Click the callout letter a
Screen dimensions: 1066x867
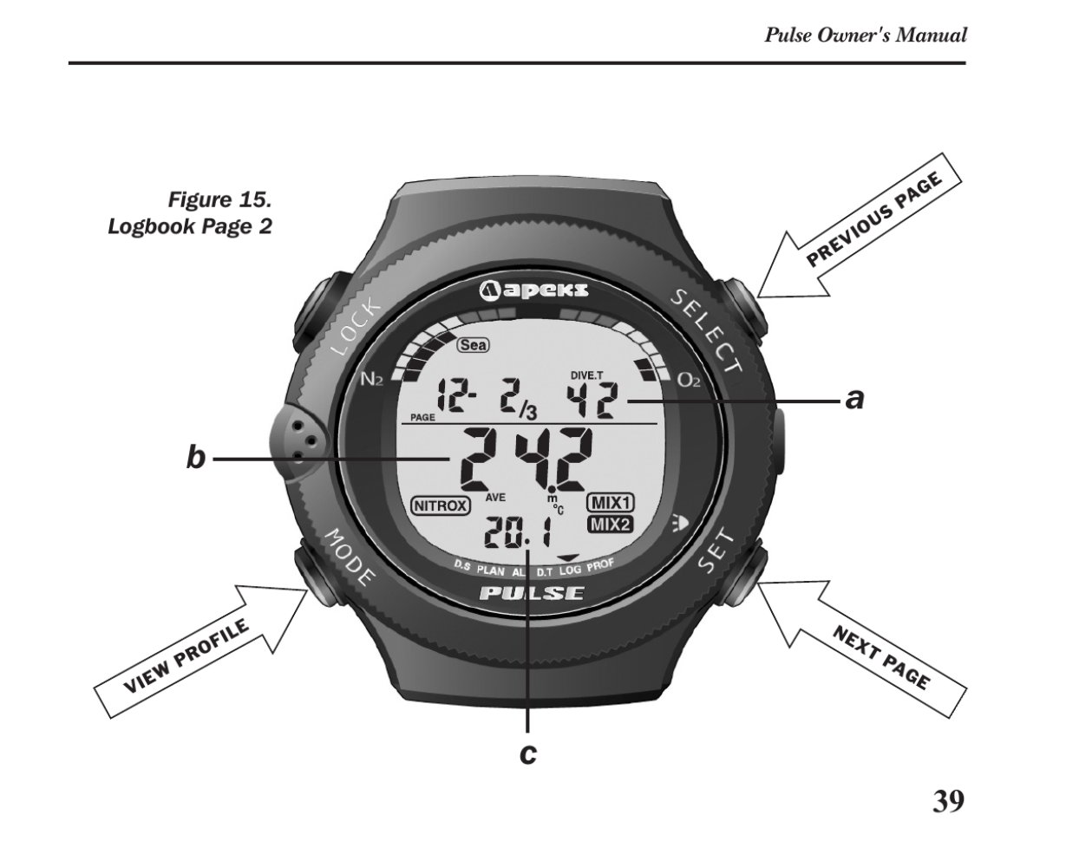coord(855,400)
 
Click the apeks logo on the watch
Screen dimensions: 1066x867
coord(533,290)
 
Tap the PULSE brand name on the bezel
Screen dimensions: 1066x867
coord(532,593)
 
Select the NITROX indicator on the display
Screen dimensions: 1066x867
coord(441,505)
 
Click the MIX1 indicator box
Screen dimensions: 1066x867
coord(610,502)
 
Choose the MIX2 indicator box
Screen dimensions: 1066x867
coord(610,525)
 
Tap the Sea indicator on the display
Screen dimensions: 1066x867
coord(473,345)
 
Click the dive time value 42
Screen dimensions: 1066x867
coord(592,401)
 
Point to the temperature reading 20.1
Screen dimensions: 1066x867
coord(518,532)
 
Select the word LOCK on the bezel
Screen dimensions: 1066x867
coord(356,327)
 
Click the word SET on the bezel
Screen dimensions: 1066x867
coord(717,553)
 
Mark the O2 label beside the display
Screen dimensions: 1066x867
coord(689,381)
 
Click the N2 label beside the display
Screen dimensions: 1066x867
coord(372,380)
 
